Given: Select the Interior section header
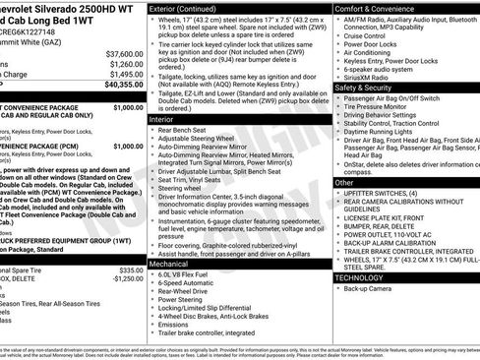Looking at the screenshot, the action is pos(163,118).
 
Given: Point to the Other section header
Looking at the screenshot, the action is pos(344,183).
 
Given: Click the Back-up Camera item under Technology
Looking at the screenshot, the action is pos(372,290).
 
